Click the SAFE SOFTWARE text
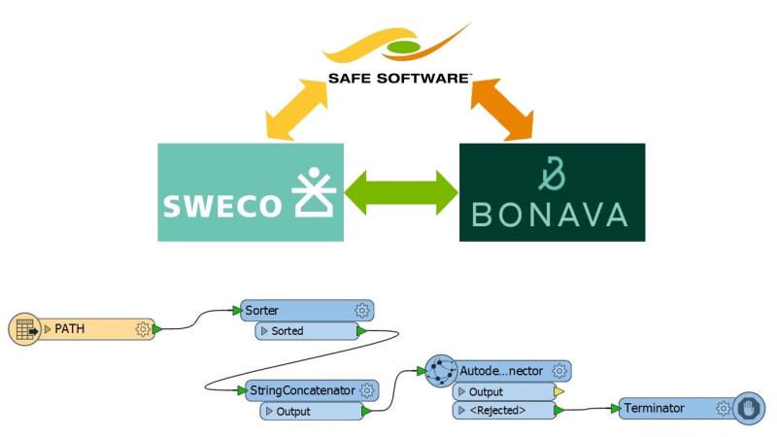pos(398,79)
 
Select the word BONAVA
pos(552,216)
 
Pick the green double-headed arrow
pos(400,192)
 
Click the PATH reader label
pos(69,329)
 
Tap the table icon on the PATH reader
pos(24,329)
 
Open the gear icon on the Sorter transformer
pos(362,311)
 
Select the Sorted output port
pos(287,331)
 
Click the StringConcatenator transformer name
pos(301,389)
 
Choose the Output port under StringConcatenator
pos(293,411)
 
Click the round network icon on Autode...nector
pos(442,370)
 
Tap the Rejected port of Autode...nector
pos(498,411)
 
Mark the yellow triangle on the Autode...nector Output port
pos(558,392)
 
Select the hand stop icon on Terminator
pos(747,409)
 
